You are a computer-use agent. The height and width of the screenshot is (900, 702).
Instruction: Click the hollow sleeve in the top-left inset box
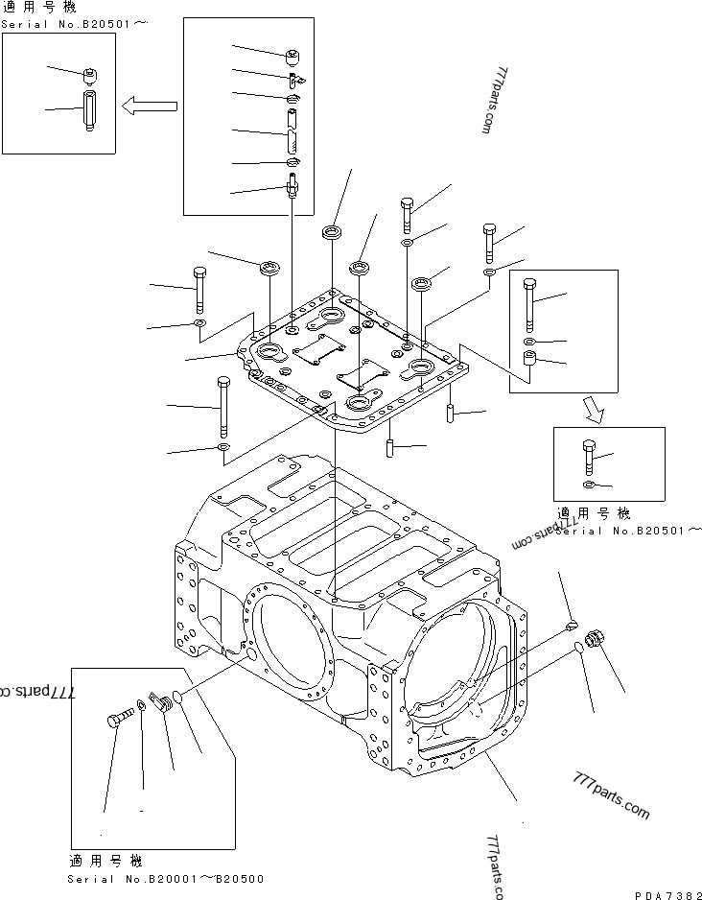(x=88, y=110)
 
